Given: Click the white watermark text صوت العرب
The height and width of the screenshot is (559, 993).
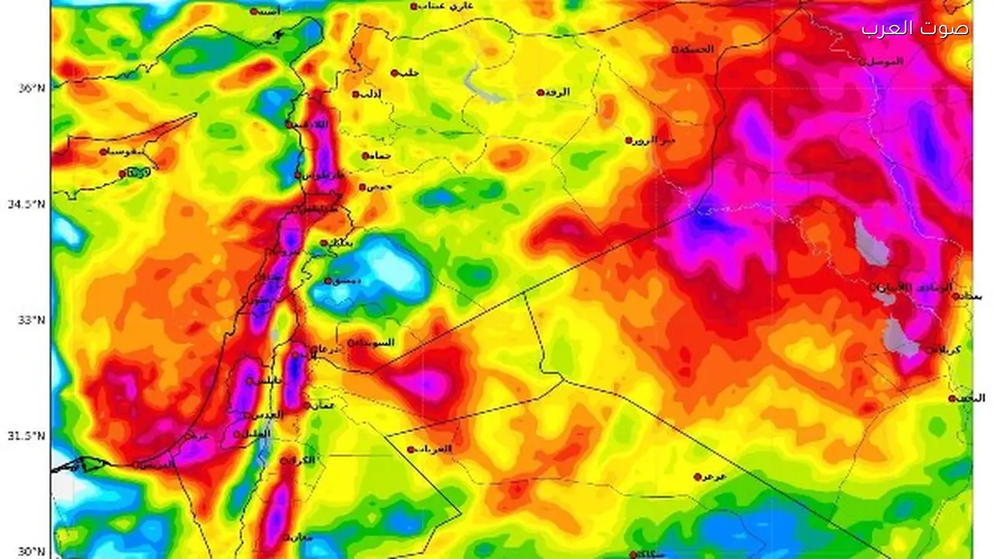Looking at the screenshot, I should (x=915, y=29).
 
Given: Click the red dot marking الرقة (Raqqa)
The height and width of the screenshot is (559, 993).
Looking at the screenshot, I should (x=541, y=92).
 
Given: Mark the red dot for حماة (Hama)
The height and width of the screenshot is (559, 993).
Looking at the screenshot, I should (x=365, y=156).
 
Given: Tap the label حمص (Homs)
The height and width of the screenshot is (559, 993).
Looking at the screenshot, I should (x=380, y=186).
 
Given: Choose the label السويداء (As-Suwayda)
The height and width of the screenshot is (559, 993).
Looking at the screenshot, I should (x=375, y=342).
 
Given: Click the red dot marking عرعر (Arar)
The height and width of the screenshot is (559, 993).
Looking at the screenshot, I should (x=697, y=477).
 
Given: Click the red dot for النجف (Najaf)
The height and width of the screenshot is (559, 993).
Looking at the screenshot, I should (x=952, y=398).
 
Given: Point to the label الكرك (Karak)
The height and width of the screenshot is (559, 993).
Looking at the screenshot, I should (x=305, y=460).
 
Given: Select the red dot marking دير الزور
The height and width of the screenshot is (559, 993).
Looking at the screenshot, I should (x=628, y=141).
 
